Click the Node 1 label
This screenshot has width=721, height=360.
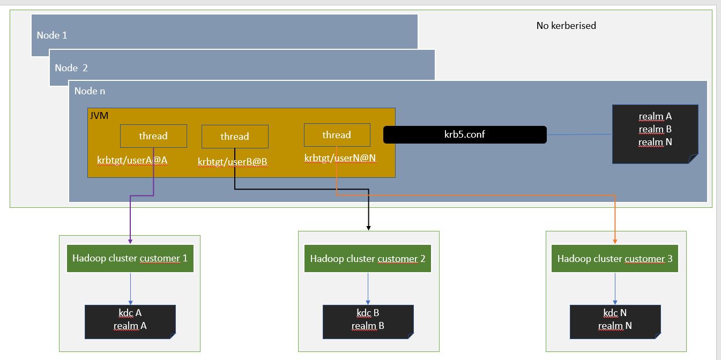coord(52,35)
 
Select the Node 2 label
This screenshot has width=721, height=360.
coord(71,68)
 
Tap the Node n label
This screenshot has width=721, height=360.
coord(90,91)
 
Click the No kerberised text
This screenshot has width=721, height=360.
coord(566,25)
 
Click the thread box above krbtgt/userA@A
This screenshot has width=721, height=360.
coord(153,136)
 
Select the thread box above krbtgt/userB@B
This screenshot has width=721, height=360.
coord(235,137)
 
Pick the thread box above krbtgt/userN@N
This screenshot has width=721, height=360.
coord(337,135)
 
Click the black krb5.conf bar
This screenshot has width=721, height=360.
coord(465,135)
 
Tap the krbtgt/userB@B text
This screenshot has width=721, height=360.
coord(232,161)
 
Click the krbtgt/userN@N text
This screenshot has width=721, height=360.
coord(340,158)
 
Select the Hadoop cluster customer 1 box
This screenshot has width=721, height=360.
coord(130,259)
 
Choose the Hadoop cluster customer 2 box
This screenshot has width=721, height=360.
coord(368,259)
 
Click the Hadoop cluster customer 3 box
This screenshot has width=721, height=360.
coord(615,259)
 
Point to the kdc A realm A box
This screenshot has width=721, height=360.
coord(130,321)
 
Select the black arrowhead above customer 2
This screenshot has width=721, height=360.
coord(369,228)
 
